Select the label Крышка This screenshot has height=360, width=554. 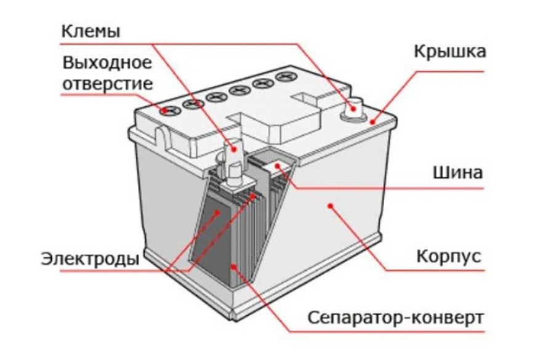pos(449,51)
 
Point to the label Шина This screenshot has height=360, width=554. pos(456,173)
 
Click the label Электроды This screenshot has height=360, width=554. pos(90,258)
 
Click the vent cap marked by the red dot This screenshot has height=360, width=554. pos(169,111)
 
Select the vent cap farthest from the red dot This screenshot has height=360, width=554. pos(284,78)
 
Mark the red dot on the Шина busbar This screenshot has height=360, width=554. pos(277,166)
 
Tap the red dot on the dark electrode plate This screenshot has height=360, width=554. pos(217,213)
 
